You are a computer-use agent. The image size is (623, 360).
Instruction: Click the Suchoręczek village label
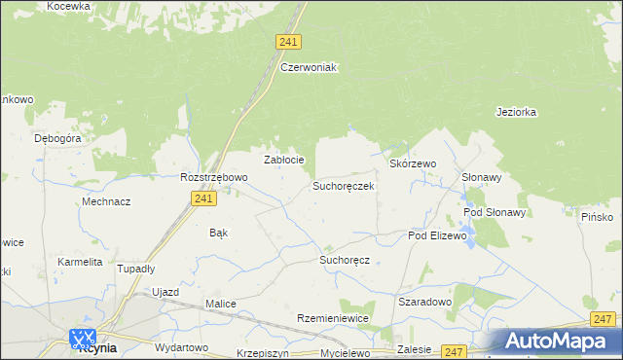(343, 185)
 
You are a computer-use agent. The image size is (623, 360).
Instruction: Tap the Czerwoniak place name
(308, 67)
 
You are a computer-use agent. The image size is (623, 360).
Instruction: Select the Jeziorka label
(516, 112)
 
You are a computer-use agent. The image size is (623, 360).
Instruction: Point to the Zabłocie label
(285, 160)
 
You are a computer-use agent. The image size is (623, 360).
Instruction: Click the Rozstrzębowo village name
(214, 177)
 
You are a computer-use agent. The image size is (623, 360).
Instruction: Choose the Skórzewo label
(413, 164)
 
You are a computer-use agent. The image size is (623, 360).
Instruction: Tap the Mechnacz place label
(106, 201)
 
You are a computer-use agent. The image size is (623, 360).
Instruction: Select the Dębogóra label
(57, 138)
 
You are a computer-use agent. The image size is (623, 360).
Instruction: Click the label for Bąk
(219, 233)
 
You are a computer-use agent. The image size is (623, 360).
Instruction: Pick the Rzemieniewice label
(334, 318)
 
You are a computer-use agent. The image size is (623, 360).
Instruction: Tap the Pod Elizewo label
(438, 235)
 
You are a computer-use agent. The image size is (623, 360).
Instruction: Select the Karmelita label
(80, 263)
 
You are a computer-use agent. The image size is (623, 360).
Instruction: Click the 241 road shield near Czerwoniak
(288, 42)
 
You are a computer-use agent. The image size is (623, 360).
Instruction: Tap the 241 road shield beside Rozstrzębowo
(202, 198)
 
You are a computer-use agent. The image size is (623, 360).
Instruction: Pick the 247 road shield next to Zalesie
(454, 350)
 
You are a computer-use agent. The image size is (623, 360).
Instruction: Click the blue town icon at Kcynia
(82, 338)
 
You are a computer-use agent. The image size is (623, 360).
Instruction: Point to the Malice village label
(220, 304)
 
